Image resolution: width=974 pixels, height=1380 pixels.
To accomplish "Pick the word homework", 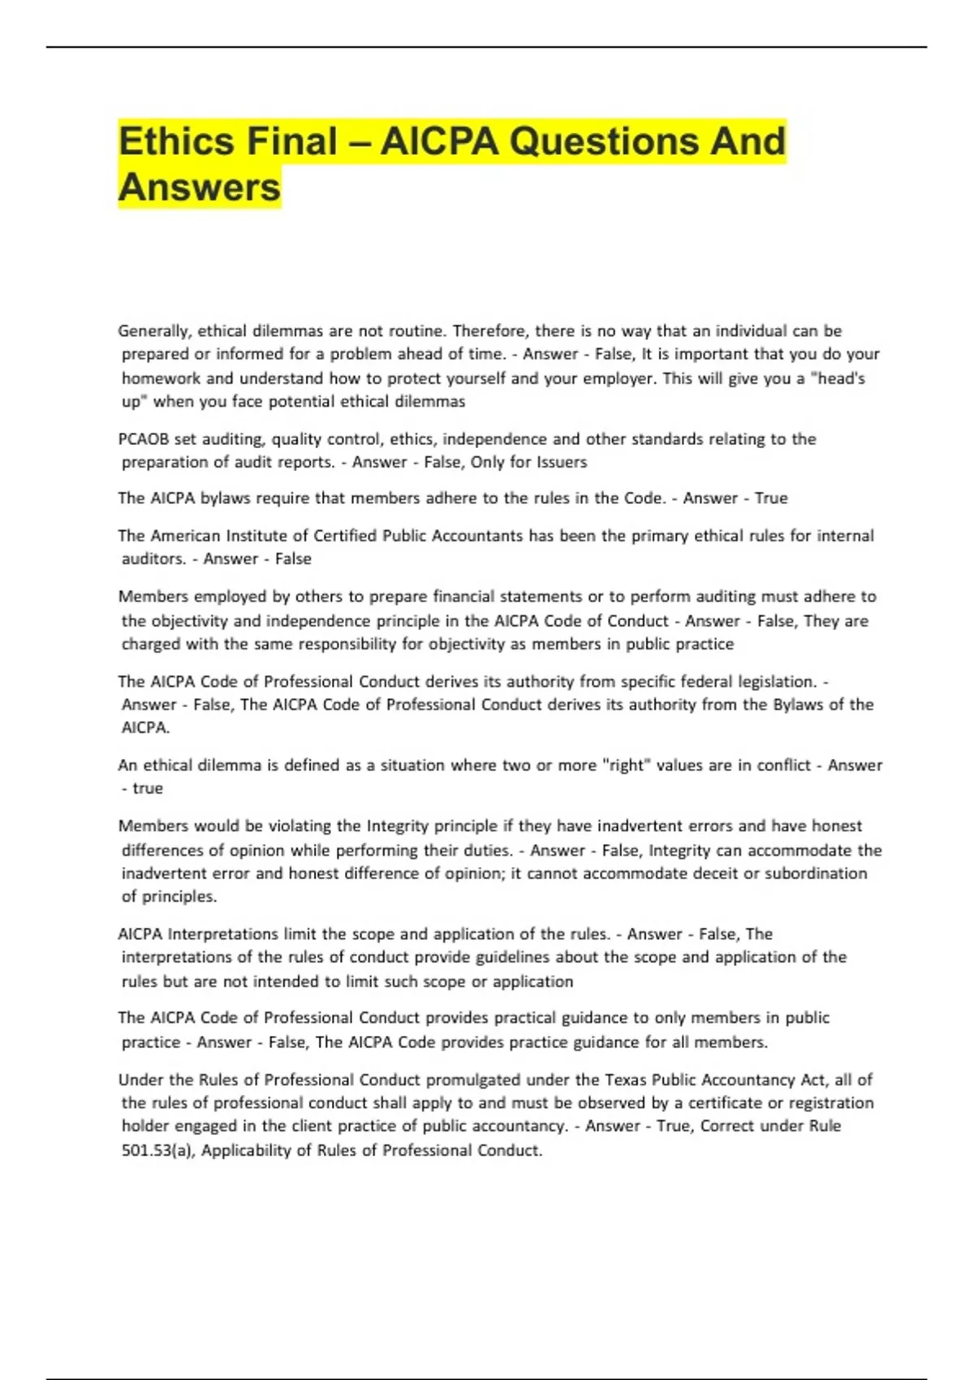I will click(x=161, y=377).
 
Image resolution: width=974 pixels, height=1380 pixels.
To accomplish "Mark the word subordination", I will click(x=816, y=873).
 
